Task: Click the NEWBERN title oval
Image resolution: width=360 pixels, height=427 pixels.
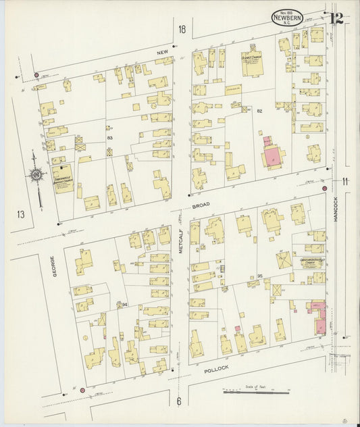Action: (x=287, y=18)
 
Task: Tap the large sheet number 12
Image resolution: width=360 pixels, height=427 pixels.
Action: (x=336, y=18)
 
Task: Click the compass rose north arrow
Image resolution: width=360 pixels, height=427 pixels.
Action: (x=36, y=175)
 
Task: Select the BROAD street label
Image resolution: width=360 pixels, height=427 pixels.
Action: (x=201, y=204)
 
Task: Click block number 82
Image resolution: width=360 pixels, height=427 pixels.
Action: (x=259, y=110)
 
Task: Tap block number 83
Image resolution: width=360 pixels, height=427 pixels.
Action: (x=109, y=137)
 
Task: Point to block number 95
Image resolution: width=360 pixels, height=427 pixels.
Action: (x=259, y=276)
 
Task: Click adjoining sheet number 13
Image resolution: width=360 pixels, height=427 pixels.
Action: (x=21, y=214)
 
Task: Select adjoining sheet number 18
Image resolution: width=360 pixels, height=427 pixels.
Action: (x=181, y=29)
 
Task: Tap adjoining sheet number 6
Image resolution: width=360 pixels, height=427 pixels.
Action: (x=179, y=401)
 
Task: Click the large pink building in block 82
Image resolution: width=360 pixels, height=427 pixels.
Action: (x=273, y=154)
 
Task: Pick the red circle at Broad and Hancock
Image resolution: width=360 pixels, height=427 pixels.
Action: (x=325, y=189)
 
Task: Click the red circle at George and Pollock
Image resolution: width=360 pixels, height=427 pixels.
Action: (x=82, y=390)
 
